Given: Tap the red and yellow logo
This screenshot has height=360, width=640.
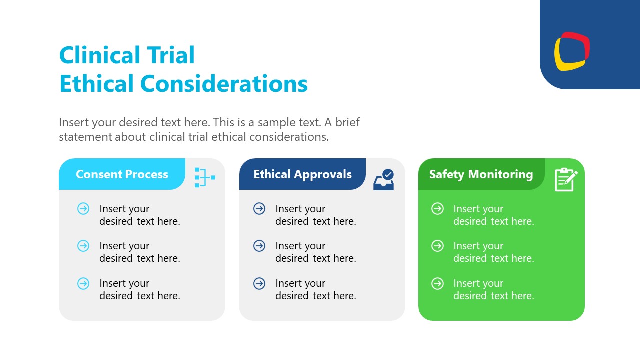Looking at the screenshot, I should pos(572,51).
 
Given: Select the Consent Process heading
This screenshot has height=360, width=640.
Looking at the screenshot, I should pos(122,174).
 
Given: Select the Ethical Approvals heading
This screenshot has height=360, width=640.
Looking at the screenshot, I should pos(302,174).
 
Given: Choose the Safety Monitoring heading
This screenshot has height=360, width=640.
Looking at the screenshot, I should pos(481,174).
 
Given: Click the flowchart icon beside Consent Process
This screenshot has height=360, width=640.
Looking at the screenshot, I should pos(204,177).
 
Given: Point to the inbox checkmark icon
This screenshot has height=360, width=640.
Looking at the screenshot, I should pos(384,180).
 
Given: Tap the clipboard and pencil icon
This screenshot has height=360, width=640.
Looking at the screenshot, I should pos(566,179).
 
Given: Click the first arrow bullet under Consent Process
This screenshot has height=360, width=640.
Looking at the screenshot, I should pos(83,209).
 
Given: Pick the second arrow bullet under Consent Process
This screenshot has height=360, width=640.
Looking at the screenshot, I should pos(83,246).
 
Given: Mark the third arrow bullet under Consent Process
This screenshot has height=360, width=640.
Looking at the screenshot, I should pos(83,284).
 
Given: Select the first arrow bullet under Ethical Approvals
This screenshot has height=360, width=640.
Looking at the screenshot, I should pos(259,209).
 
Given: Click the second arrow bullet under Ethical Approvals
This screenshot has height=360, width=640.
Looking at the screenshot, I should pos(259,246).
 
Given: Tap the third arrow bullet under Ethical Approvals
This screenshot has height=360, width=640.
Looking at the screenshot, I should pos(259,284).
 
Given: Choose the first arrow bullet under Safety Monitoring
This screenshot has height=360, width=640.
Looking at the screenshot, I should pos(437,209).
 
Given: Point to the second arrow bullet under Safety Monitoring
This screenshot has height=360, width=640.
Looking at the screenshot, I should pos(437,246).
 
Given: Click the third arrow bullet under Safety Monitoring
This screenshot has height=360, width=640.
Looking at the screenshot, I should pos(437,284).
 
